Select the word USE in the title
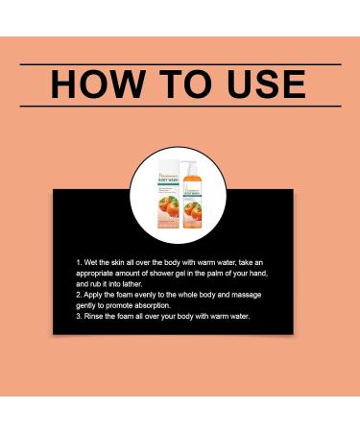pyautogui.click(x=259, y=84)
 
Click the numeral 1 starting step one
pyautogui.click(x=79, y=260)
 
